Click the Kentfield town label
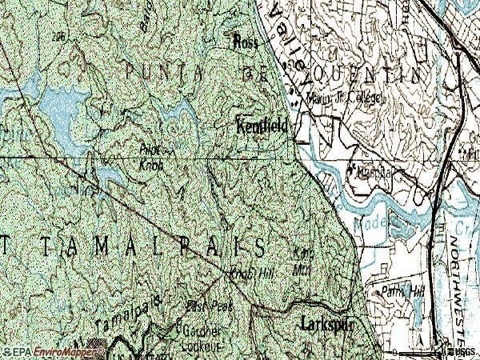tap(262, 126)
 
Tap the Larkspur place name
tap(327, 324)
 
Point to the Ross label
tap(243, 42)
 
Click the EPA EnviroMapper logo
tap(53, 351)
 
